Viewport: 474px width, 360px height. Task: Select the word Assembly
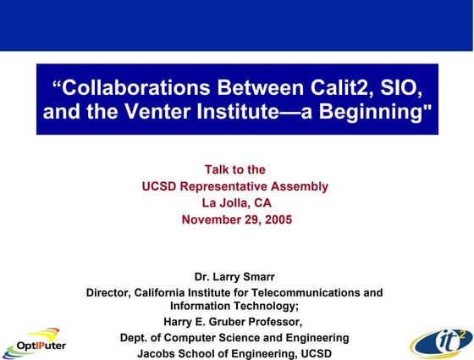[x=300, y=186]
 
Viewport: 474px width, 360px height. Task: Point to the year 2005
[x=274, y=219]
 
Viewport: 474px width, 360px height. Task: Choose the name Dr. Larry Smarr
[x=234, y=276]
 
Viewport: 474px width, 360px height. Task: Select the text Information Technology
[x=234, y=306]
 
